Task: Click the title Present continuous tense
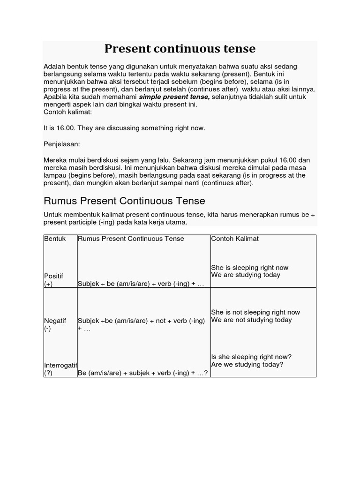click(x=180, y=49)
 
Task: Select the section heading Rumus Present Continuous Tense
click(x=124, y=201)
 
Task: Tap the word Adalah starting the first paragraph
click(x=54, y=67)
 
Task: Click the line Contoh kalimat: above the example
click(x=68, y=112)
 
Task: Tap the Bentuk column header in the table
click(x=55, y=239)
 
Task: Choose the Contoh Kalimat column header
click(x=235, y=239)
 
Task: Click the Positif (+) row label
click(x=53, y=280)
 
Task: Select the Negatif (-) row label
click(x=55, y=324)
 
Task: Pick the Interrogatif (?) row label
click(x=60, y=369)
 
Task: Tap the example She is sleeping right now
click(x=249, y=268)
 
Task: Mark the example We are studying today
click(x=245, y=275)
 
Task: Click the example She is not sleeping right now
click(x=255, y=312)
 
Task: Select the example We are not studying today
click(x=251, y=320)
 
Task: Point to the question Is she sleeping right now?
click(x=251, y=357)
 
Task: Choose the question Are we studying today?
click(x=247, y=364)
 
